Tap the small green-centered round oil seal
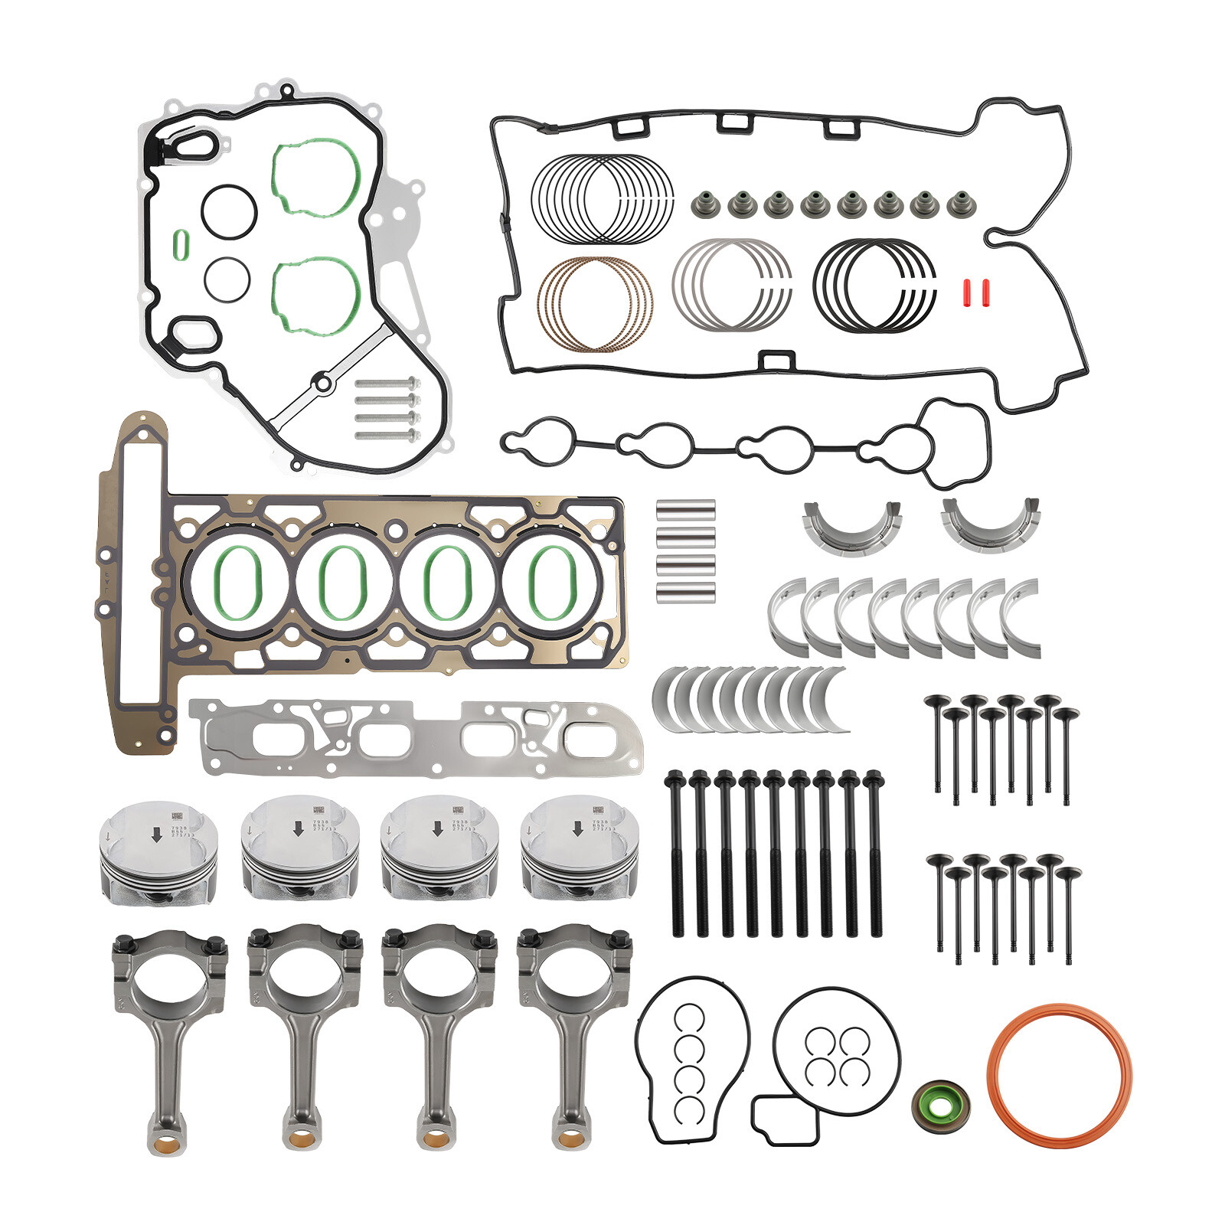coord(939,1105)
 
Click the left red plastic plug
coord(967,292)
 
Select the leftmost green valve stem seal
coord(704,204)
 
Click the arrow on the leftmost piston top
coord(157,835)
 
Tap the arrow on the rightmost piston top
coord(578,828)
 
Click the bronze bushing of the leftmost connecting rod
coord(166,1146)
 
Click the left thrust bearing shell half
coord(851,527)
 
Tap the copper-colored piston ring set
coord(595,304)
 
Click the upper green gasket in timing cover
coord(316,178)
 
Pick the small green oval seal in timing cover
coord(180,245)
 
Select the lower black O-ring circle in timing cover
coord(227,279)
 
